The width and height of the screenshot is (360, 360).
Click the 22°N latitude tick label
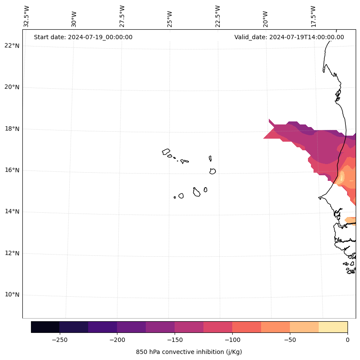click(12, 46)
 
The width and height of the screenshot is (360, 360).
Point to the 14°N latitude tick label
click(12, 211)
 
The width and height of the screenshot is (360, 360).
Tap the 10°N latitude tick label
click(12, 295)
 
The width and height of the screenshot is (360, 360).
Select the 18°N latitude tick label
click(12, 129)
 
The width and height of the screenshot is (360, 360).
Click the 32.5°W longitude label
click(27, 16)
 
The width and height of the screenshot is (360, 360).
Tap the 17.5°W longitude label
click(314, 16)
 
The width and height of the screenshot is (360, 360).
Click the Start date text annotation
click(83, 37)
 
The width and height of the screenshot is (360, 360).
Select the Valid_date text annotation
click(289, 37)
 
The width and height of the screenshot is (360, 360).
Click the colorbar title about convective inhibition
click(189, 352)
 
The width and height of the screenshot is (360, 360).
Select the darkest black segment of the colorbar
click(45, 327)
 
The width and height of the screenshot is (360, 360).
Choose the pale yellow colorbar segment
click(333, 327)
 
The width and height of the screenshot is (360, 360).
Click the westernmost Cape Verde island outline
click(166, 152)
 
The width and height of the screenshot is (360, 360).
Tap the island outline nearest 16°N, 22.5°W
click(212, 171)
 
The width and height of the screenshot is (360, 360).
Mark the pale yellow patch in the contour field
click(342, 177)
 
